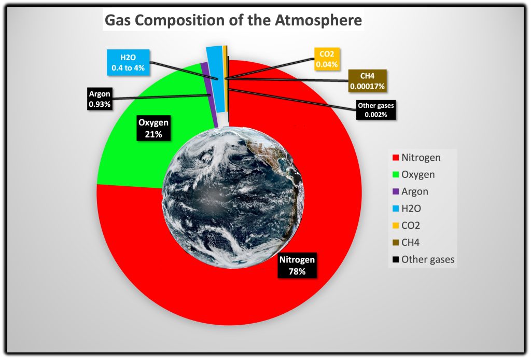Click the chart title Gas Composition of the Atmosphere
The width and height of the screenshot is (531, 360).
coord(233,20)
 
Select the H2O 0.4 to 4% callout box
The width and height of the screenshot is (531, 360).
coord(128,62)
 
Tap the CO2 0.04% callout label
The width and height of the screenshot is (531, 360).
coord(327,59)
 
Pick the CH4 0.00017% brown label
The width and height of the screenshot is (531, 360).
coord(368,81)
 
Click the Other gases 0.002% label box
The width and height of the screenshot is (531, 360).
coord(376,110)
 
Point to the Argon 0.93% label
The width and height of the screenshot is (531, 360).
coord(100,99)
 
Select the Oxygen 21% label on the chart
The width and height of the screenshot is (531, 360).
coord(153,128)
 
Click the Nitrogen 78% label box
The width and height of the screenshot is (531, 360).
coord(297,265)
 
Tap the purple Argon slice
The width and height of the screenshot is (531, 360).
coord(209,95)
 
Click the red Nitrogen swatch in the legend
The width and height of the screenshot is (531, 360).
coord(396,158)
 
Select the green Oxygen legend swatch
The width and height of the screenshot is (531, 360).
coord(396,174)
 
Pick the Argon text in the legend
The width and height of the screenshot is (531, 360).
coord(415,192)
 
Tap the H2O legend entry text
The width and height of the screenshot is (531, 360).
coord(411,209)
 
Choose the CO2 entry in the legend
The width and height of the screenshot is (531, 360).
coord(411,225)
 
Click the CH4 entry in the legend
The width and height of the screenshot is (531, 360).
coord(411,242)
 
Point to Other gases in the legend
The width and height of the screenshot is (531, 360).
coord(428,259)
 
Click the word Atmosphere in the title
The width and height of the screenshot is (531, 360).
coord(318,20)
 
